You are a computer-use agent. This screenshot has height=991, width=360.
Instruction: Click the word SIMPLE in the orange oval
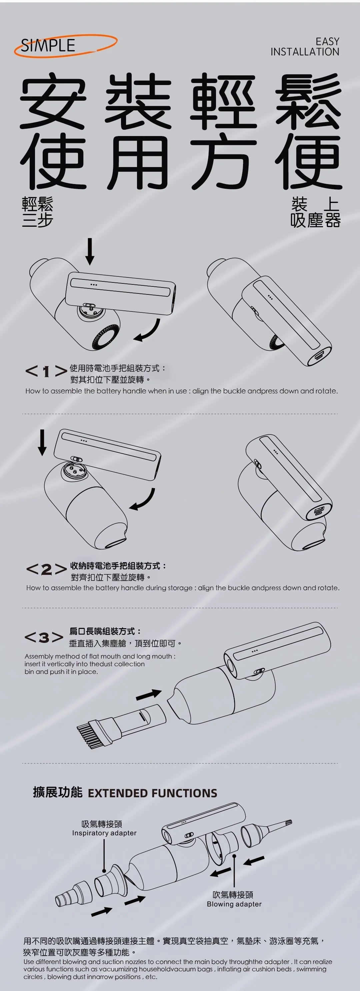48,45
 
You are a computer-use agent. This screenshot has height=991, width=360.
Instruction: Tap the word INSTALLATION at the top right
305,52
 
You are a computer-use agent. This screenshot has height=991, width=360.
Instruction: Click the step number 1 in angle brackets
46,371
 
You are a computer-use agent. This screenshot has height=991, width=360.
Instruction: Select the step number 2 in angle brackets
46,570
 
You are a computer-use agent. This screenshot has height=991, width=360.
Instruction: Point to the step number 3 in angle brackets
44,638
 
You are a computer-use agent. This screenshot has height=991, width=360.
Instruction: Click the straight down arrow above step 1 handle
90,251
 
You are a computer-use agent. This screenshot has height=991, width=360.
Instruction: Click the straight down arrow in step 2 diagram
42,442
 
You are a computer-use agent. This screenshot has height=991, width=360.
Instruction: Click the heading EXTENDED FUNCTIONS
152,793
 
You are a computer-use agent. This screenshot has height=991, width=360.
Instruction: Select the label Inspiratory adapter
104,833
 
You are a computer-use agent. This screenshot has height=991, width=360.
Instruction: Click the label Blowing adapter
234,904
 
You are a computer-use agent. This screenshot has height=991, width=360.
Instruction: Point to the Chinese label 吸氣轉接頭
102,824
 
